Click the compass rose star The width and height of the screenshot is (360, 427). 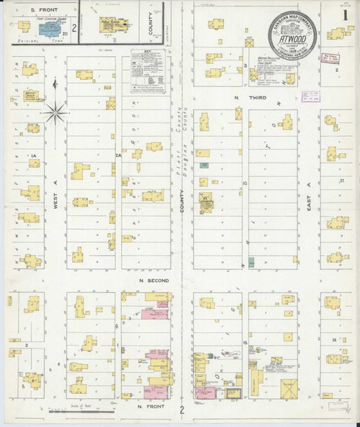point(56,112)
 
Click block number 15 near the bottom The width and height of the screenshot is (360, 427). point(245,343)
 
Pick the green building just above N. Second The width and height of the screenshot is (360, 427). point(251,261)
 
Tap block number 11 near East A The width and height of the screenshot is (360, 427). point(343,180)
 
